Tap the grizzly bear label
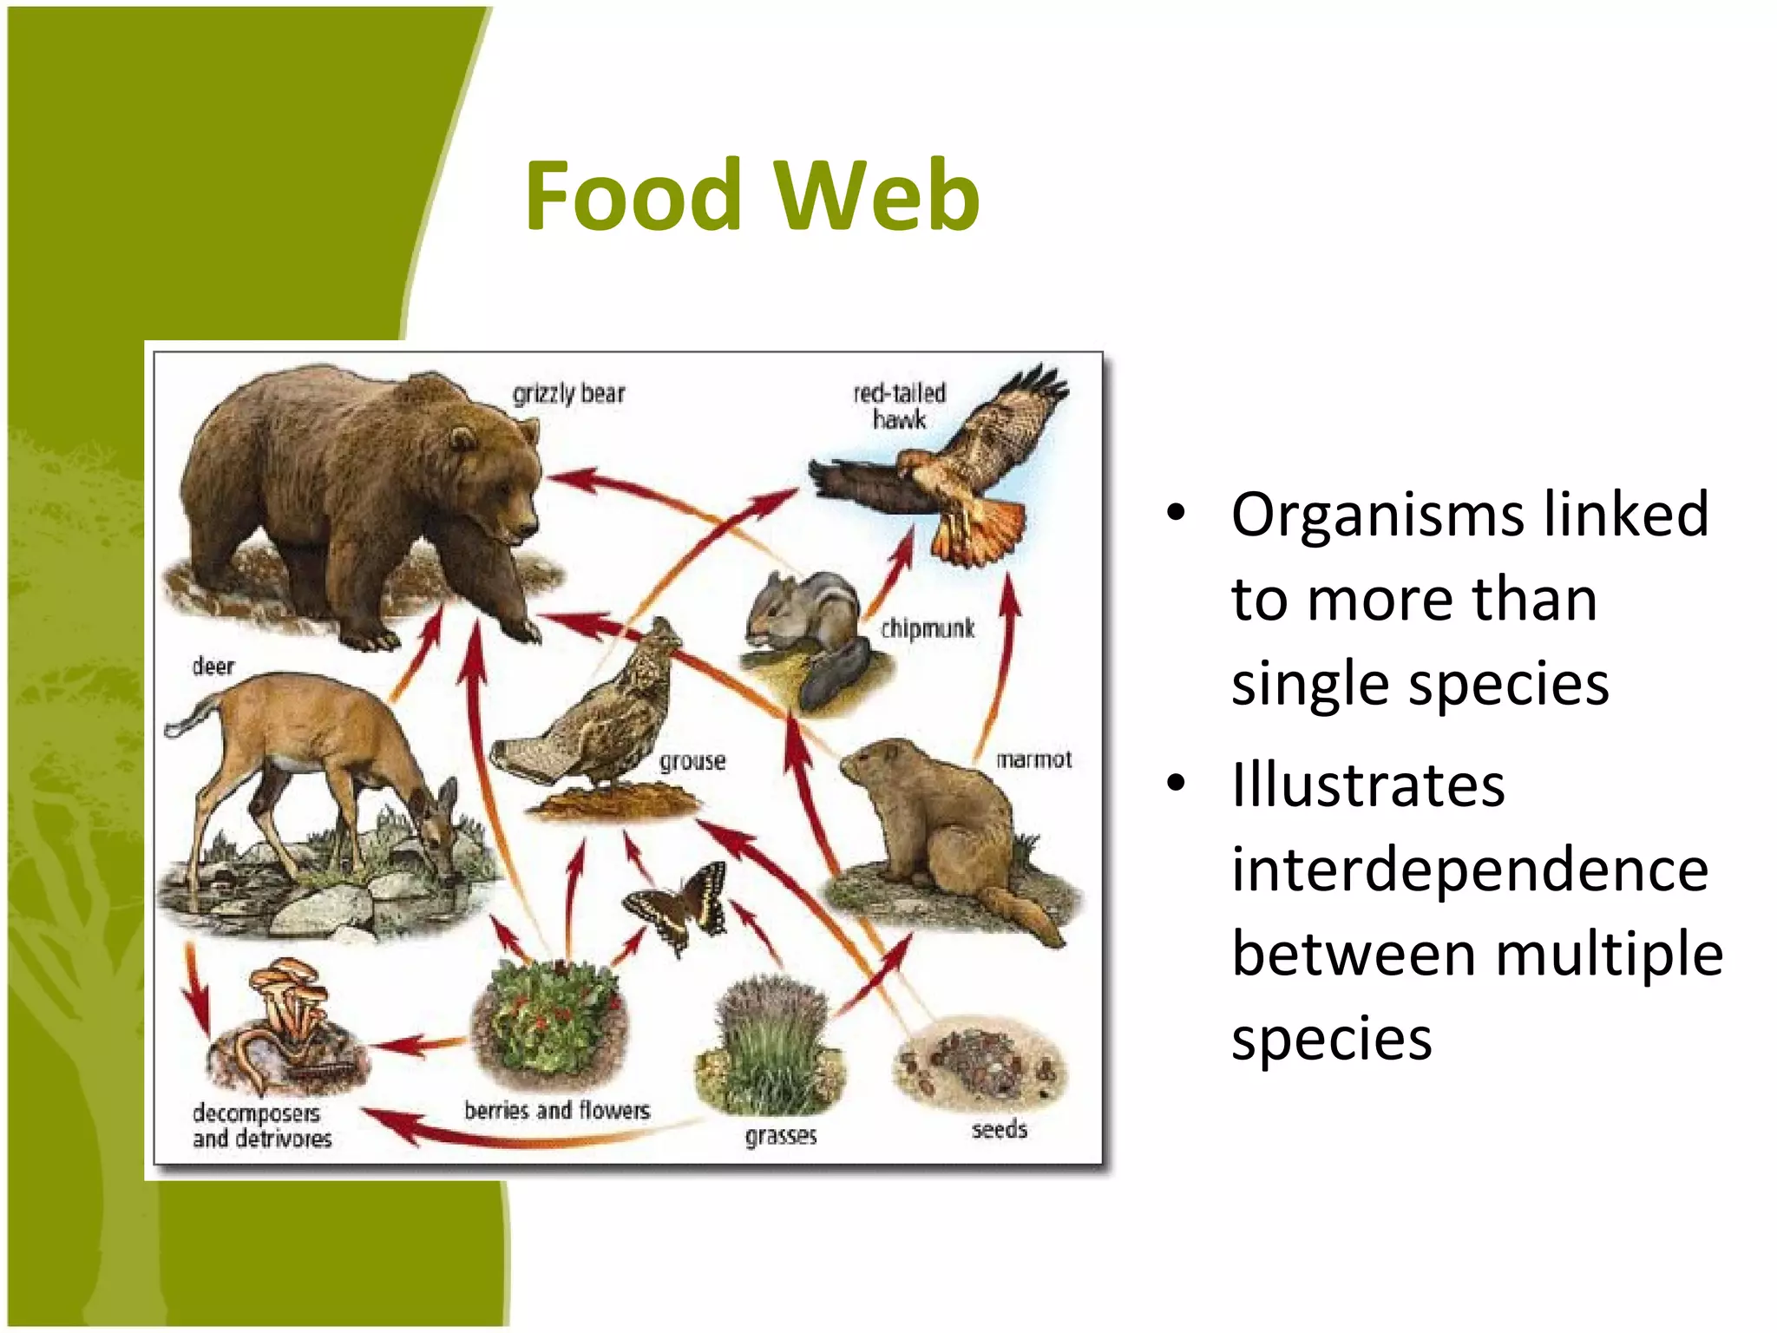568,393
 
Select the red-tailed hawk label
899,405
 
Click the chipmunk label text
928,628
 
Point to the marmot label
1033,759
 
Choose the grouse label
692,761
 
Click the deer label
213,666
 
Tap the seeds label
999,1129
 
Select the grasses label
781,1135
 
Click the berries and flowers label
556,1110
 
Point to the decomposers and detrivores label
261,1125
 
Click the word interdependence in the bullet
1469,869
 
